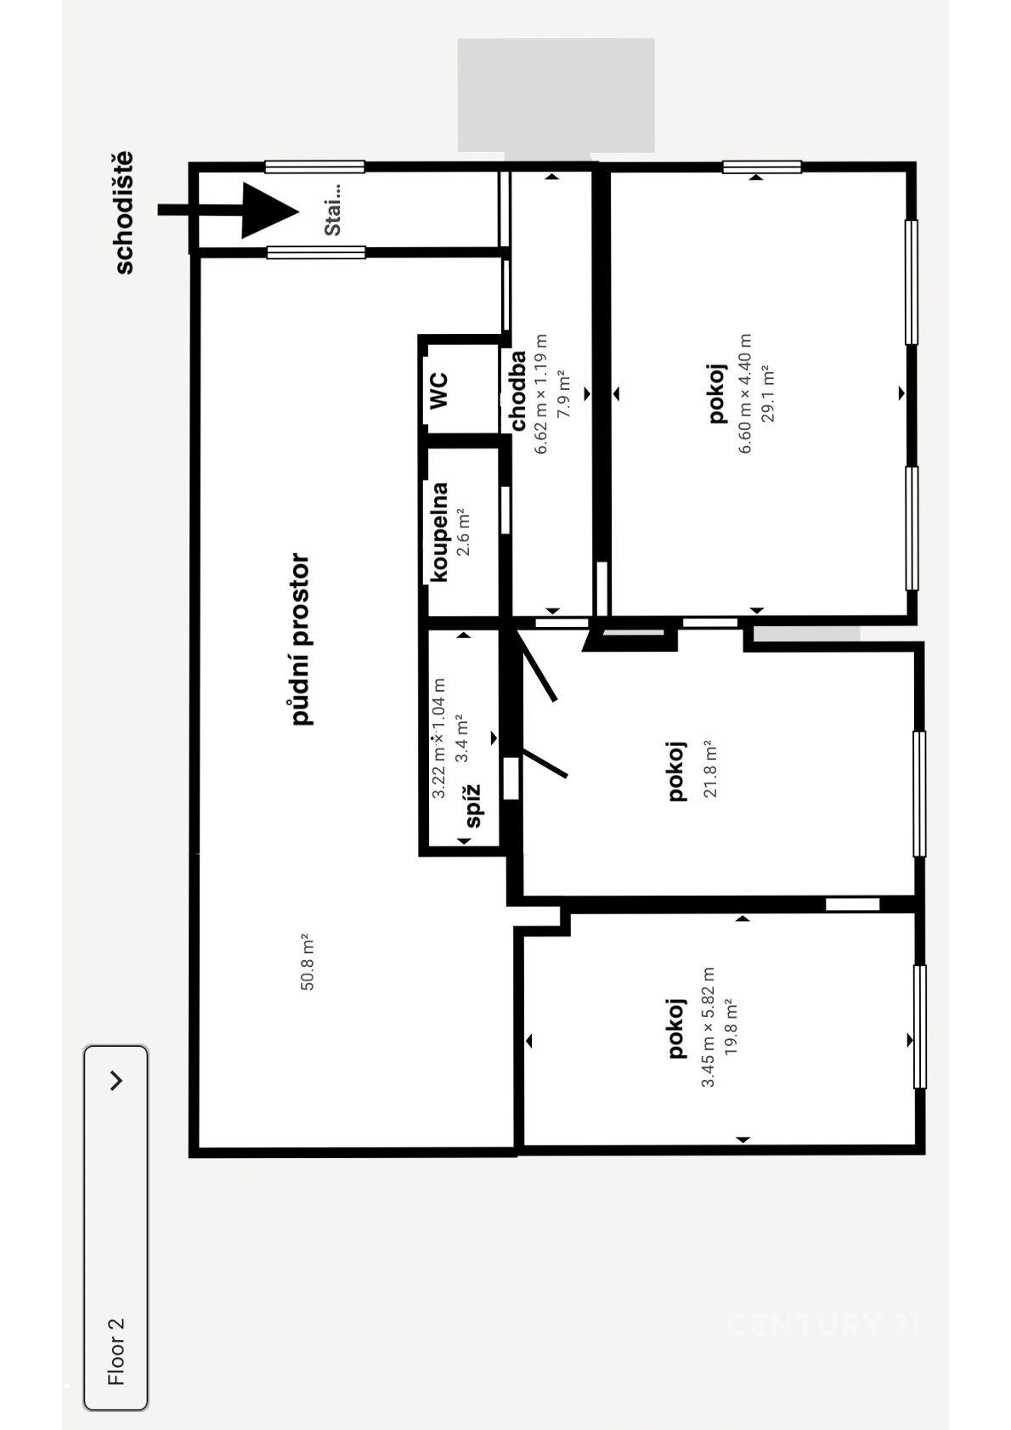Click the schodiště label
click(x=124, y=213)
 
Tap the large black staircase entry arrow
click(x=229, y=210)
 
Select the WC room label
click(x=438, y=391)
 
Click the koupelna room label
click(x=438, y=533)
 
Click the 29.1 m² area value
click(x=768, y=394)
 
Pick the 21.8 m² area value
click(x=709, y=770)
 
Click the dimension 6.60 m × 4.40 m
click(x=745, y=394)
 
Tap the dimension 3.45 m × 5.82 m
click(x=708, y=1027)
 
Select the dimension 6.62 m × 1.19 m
click(x=541, y=394)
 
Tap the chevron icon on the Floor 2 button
click(x=116, y=1081)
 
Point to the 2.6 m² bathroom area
click(x=463, y=533)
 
